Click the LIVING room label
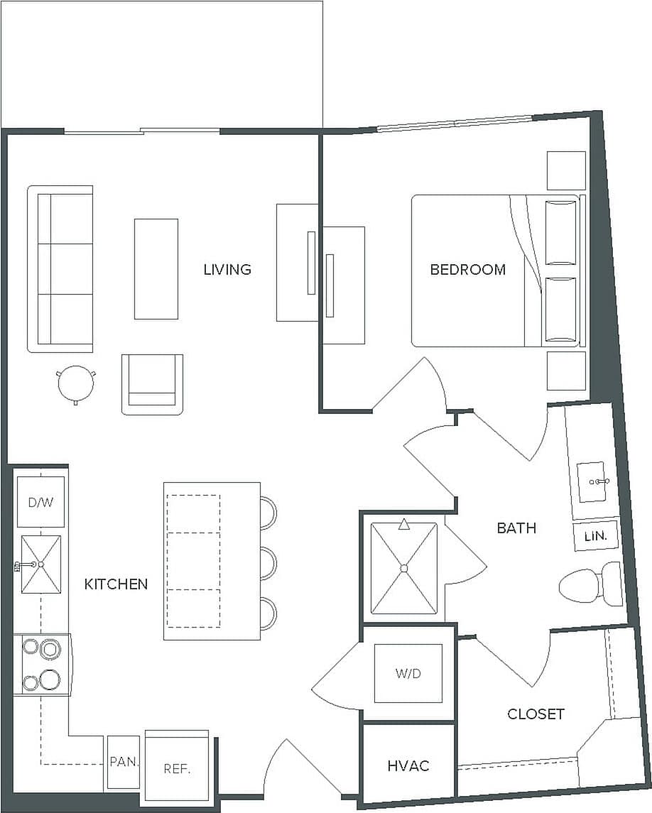[x=227, y=270]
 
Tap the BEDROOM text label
[x=468, y=270]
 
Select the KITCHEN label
[x=116, y=584]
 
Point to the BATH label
[x=516, y=528]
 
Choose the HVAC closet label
[x=408, y=766]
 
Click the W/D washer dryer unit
[x=408, y=673]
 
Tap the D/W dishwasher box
[x=40, y=502]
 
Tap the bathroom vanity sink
[x=592, y=481]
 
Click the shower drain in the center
[x=404, y=568]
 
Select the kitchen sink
[x=40, y=564]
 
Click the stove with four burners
[x=41, y=665]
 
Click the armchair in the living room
[x=152, y=384]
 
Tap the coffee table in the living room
[x=156, y=269]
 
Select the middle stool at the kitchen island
[x=267, y=563]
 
